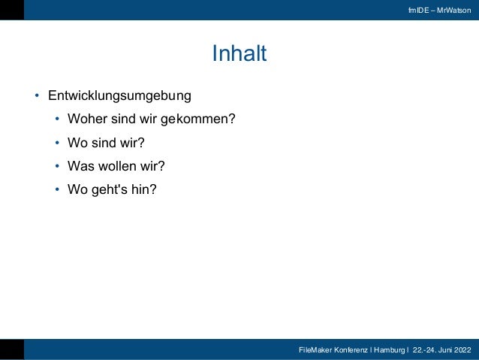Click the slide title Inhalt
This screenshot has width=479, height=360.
[239, 54]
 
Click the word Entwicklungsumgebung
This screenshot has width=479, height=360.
[119, 96]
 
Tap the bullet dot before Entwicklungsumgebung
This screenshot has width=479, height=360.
[35, 97]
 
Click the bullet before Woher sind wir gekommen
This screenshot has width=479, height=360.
[57, 119]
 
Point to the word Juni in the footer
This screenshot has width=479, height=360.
[442, 350]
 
